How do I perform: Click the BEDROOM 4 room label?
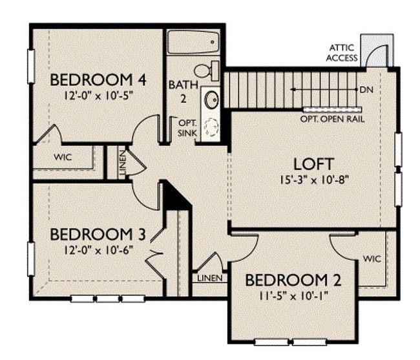tap(98, 80)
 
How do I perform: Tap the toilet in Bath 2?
tap(207, 70)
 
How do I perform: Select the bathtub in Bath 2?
tap(193, 42)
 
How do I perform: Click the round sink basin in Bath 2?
tap(211, 100)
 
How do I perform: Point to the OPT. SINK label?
tap(188, 128)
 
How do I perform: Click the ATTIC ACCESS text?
tap(342, 53)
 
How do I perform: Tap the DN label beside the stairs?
tap(367, 90)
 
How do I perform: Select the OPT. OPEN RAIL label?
tap(332, 119)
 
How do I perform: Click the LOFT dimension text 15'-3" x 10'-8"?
tap(314, 180)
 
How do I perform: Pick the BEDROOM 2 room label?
tap(293, 281)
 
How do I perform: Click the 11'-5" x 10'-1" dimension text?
tap(293, 296)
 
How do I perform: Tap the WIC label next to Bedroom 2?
tap(372, 259)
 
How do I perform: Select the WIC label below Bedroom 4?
tap(63, 157)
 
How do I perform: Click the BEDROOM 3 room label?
tap(98, 235)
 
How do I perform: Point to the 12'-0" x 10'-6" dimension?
tap(98, 250)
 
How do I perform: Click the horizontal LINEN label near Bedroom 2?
tap(210, 279)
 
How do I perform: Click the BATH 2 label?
tap(184, 92)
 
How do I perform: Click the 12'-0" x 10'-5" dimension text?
tap(98, 96)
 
